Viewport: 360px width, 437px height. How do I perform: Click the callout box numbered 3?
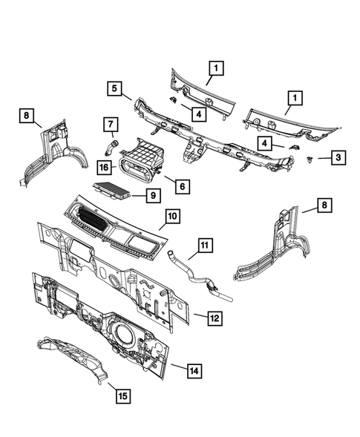[337, 157]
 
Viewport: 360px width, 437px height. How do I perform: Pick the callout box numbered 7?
[109, 123]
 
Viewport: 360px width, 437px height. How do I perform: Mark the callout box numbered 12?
[213, 318]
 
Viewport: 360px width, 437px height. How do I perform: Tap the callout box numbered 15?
[120, 395]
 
